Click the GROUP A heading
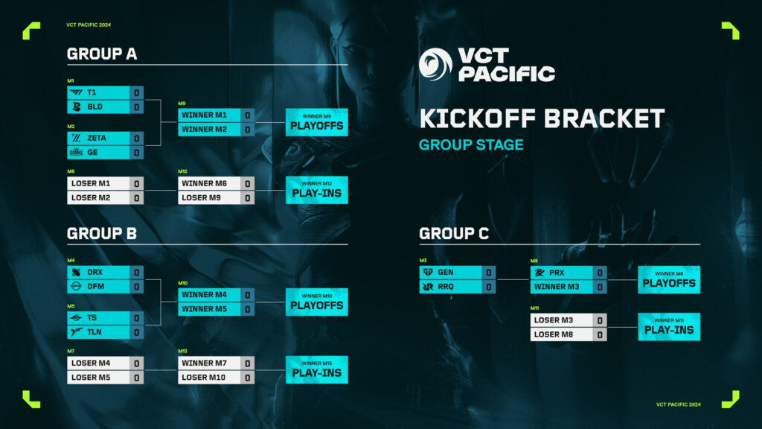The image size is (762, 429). [x=102, y=54]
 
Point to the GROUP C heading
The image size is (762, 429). [x=454, y=233]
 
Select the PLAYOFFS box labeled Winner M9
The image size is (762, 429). [x=316, y=122]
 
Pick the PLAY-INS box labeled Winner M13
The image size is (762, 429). [x=316, y=369]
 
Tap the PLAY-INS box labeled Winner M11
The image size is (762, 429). [x=668, y=327]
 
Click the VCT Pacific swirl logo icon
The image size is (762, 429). [x=435, y=64]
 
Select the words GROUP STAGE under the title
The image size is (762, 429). [x=471, y=144]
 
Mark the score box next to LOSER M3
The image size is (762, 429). [x=599, y=320]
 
